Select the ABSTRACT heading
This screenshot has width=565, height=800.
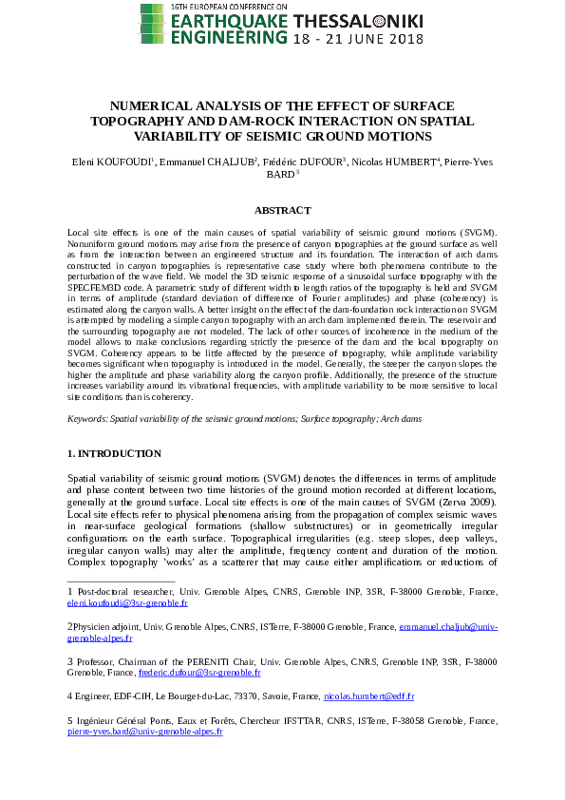[282, 210]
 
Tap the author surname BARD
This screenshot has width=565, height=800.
[280, 175]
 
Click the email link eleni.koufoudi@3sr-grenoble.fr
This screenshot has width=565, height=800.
[127, 602]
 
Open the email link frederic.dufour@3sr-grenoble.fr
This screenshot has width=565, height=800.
[199, 672]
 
